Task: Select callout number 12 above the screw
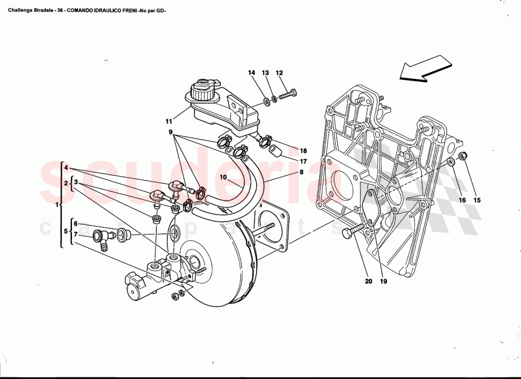tap(279, 73)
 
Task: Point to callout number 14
tap(252, 73)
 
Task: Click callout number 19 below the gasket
tap(383, 281)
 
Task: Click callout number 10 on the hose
tap(223, 178)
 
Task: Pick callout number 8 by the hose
tap(301, 173)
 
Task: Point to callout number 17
tap(303, 162)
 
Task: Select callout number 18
tap(303, 151)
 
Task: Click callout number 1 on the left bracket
tap(57, 205)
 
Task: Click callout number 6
tap(75, 224)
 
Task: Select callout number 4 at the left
tap(67, 168)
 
